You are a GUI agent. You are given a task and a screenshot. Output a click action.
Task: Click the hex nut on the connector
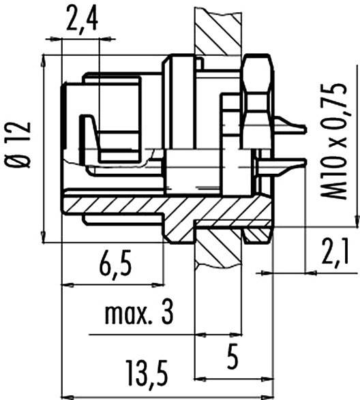(x=257, y=95)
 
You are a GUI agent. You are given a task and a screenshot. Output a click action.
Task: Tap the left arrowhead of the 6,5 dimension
(x=66, y=283)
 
